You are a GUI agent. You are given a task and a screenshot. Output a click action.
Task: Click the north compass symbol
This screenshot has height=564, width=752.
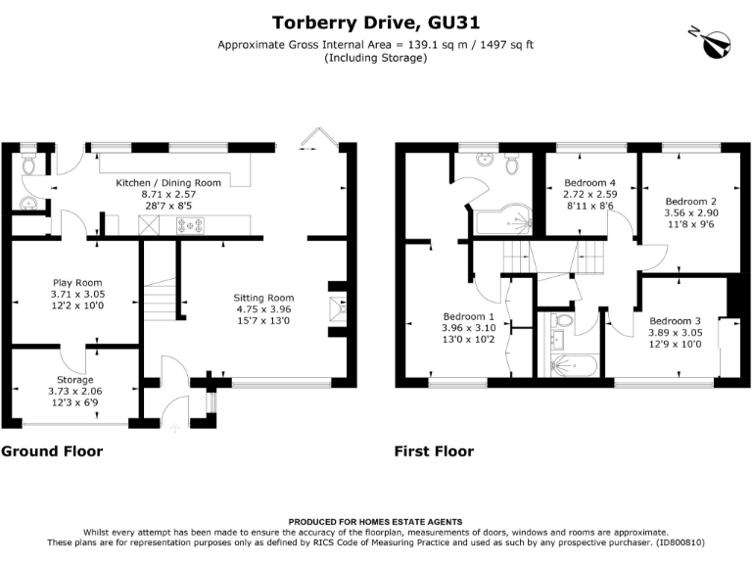coord(713,43)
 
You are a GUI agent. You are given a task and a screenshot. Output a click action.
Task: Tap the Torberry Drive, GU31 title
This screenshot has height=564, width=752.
coord(376,23)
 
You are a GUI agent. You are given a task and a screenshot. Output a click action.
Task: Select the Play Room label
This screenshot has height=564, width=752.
coord(77,282)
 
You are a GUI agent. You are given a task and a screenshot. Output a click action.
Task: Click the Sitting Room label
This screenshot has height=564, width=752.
coord(263,298)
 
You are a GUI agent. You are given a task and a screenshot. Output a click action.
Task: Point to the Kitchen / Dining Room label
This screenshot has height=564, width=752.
coord(168,183)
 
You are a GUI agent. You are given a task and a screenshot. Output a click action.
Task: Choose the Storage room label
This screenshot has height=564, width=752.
coord(74,379)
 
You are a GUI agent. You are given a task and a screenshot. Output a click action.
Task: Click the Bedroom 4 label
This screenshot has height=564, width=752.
coord(589,183)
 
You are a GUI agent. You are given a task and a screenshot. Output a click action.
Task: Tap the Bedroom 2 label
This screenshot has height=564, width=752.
coord(691,202)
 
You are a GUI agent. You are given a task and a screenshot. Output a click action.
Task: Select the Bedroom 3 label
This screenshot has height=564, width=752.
coord(676,321)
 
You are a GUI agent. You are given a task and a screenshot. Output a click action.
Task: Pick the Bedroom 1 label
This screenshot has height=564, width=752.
coord(469,316)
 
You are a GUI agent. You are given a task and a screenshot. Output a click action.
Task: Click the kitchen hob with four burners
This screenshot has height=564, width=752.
coord(190,225)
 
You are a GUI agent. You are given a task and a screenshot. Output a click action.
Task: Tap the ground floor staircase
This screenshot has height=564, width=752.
coord(160,299)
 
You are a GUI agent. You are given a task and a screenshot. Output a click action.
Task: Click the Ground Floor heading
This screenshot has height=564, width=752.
coord(52,451)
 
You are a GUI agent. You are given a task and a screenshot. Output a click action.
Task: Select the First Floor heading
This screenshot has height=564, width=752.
coord(434,451)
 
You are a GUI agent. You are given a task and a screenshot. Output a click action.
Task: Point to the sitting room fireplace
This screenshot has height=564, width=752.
coord(337,308)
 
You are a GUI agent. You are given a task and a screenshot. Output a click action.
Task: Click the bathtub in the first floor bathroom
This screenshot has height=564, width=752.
coord(574,366)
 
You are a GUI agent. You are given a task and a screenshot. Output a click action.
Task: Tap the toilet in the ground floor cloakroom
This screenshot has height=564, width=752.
coord(28,164)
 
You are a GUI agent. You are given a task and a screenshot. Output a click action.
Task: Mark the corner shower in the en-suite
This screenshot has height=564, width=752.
coord(503,219)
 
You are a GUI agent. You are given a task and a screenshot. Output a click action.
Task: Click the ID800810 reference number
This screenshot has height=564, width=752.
coord(680,542)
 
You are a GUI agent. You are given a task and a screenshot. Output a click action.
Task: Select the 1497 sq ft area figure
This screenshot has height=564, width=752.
coord(507,45)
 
